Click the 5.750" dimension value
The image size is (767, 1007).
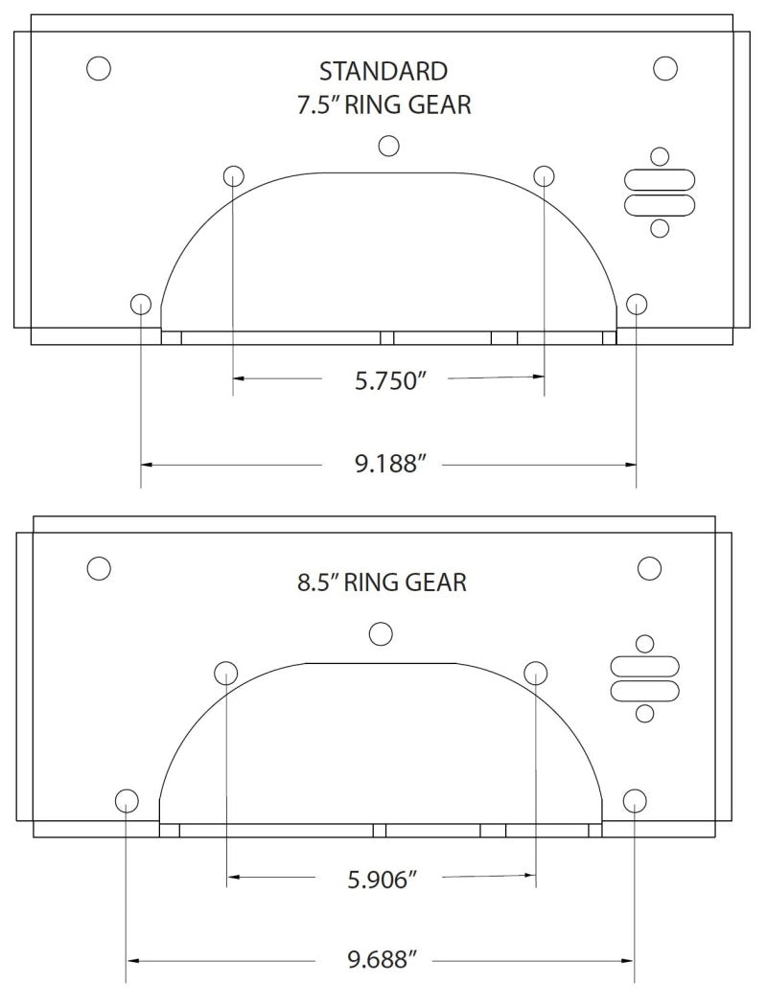pos(389,380)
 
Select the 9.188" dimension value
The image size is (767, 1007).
pos(389,465)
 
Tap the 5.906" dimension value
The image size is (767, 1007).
pos(382,878)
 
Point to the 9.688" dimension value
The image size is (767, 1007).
pos(382,959)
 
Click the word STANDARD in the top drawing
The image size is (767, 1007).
pos(383,71)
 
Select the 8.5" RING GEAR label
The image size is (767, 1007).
pos(382,582)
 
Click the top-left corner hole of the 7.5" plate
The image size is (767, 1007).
pos(98,68)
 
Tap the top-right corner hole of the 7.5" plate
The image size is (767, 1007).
pos(665,68)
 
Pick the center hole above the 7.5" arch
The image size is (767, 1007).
pos(388,146)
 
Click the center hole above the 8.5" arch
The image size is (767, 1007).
pos(382,633)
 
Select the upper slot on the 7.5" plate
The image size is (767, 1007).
pos(659,180)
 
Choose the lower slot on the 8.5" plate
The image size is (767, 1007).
pos(645,690)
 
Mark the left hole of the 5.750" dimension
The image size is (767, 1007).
pos(234,175)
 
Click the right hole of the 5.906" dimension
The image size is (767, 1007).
pos(535,672)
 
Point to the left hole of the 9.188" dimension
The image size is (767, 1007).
pos(141,305)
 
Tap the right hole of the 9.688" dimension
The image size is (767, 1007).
pos(634,800)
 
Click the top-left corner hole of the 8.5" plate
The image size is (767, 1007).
pos(98,567)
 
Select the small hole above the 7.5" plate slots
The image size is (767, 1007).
pos(659,156)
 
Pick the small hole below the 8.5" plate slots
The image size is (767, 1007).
pos(645,713)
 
